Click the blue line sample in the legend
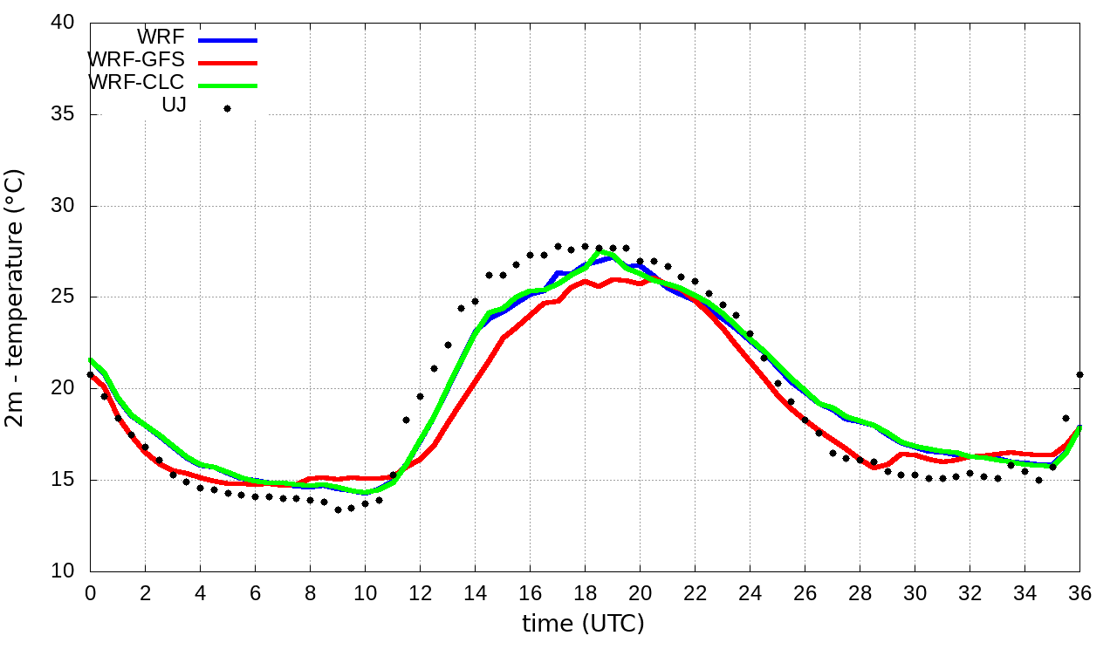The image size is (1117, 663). pyautogui.click(x=228, y=40)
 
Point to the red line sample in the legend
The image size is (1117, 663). pyautogui.click(x=228, y=63)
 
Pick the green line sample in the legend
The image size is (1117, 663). pyautogui.click(x=228, y=85)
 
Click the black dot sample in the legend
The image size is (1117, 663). pyautogui.click(x=227, y=108)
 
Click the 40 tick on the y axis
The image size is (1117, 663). pyautogui.click(x=64, y=24)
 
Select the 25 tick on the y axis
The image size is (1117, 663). pyautogui.click(x=64, y=297)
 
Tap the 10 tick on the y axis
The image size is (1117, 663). pyautogui.click(x=64, y=571)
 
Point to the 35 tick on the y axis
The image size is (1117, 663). pyautogui.click(x=64, y=115)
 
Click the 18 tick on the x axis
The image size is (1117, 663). pyautogui.click(x=585, y=593)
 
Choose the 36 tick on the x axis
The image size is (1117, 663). pyautogui.click(x=1080, y=593)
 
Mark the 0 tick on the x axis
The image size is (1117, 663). pyautogui.click(x=90, y=593)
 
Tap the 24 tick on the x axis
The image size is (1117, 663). pyautogui.click(x=750, y=593)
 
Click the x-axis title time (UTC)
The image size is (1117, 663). pyautogui.click(x=583, y=625)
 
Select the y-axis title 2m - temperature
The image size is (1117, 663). pyautogui.click(x=16, y=297)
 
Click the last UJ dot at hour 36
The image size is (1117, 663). pyautogui.click(x=1080, y=374)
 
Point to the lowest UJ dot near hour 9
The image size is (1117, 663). pyautogui.click(x=338, y=509)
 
